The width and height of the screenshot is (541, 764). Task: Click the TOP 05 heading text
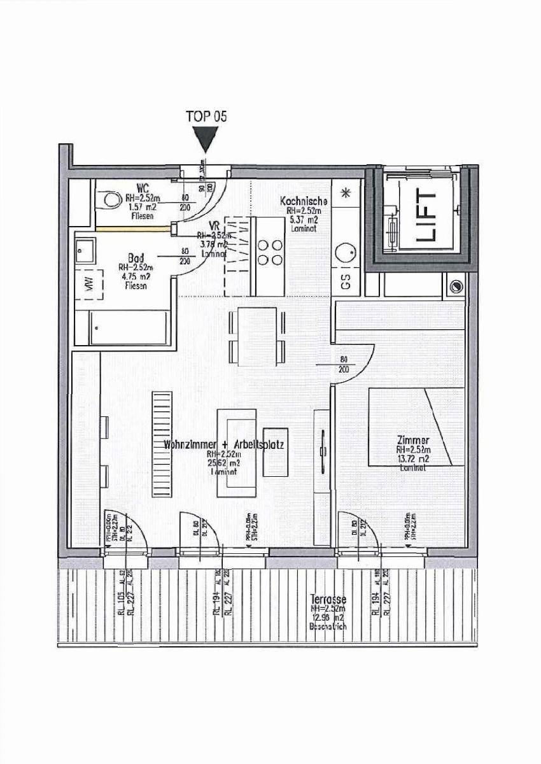click(206, 116)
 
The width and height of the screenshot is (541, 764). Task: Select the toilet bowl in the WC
click(109, 200)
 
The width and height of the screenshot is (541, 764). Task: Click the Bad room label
click(136, 258)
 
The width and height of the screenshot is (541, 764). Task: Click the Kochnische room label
click(304, 201)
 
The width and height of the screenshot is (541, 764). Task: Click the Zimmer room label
click(412, 441)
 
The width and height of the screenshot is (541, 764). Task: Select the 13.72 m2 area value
click(412, 458)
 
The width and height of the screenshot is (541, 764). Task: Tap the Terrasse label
click(328, 599)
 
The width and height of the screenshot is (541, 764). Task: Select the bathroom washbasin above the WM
click(85, 251)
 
